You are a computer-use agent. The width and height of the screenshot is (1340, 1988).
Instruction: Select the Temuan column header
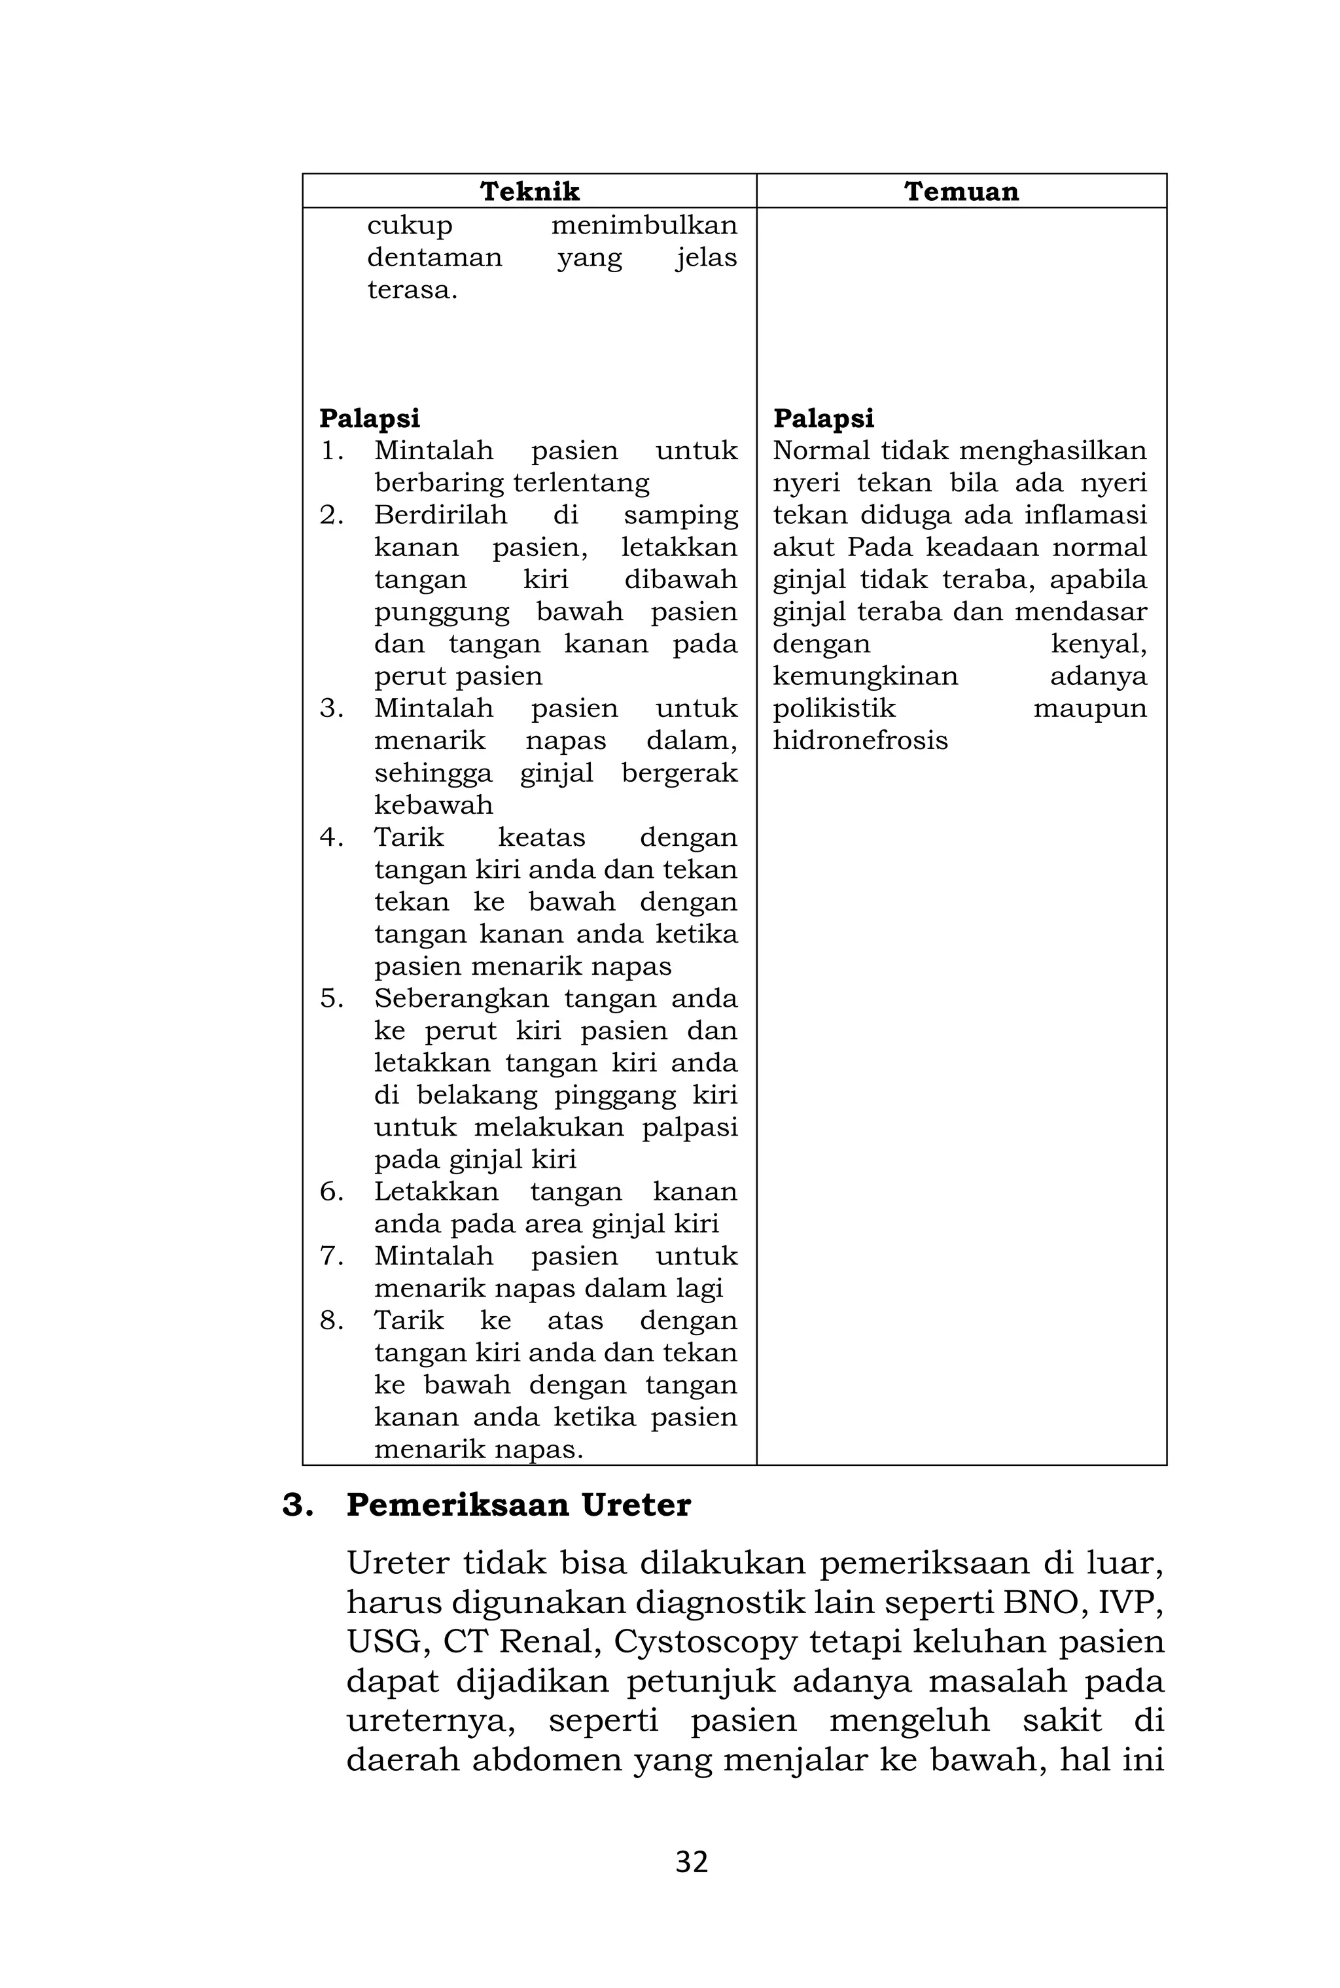(961, 192)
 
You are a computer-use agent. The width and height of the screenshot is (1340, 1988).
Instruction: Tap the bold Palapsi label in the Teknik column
(369, 419)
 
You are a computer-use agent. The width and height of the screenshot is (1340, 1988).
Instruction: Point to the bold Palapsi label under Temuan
(823, 419)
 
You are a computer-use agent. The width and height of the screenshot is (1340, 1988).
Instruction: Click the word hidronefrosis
(860, 740)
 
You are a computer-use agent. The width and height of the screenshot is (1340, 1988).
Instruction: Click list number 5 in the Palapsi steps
(332, 999)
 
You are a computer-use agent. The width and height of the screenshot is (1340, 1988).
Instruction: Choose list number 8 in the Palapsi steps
(332, 1321)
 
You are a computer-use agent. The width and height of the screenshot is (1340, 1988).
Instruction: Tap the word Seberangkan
(461, 999)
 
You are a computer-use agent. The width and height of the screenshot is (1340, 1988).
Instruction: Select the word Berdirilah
(440, 515)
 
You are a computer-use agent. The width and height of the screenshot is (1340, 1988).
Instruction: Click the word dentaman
(434, 258)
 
